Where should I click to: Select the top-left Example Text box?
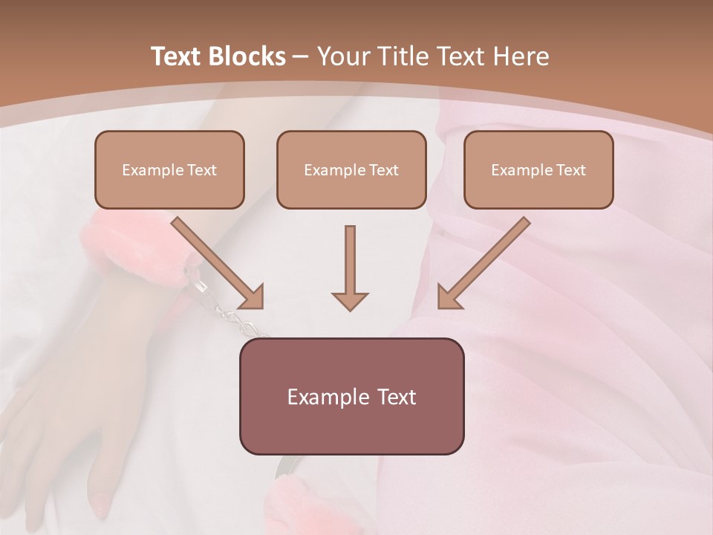click(x=169, y=169)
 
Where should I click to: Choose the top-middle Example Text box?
click(x=351, y=169)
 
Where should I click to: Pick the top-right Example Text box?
click(x=538, y=169)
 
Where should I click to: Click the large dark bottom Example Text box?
click(x=351, y=396)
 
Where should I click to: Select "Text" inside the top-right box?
click(x=570, y=169)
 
